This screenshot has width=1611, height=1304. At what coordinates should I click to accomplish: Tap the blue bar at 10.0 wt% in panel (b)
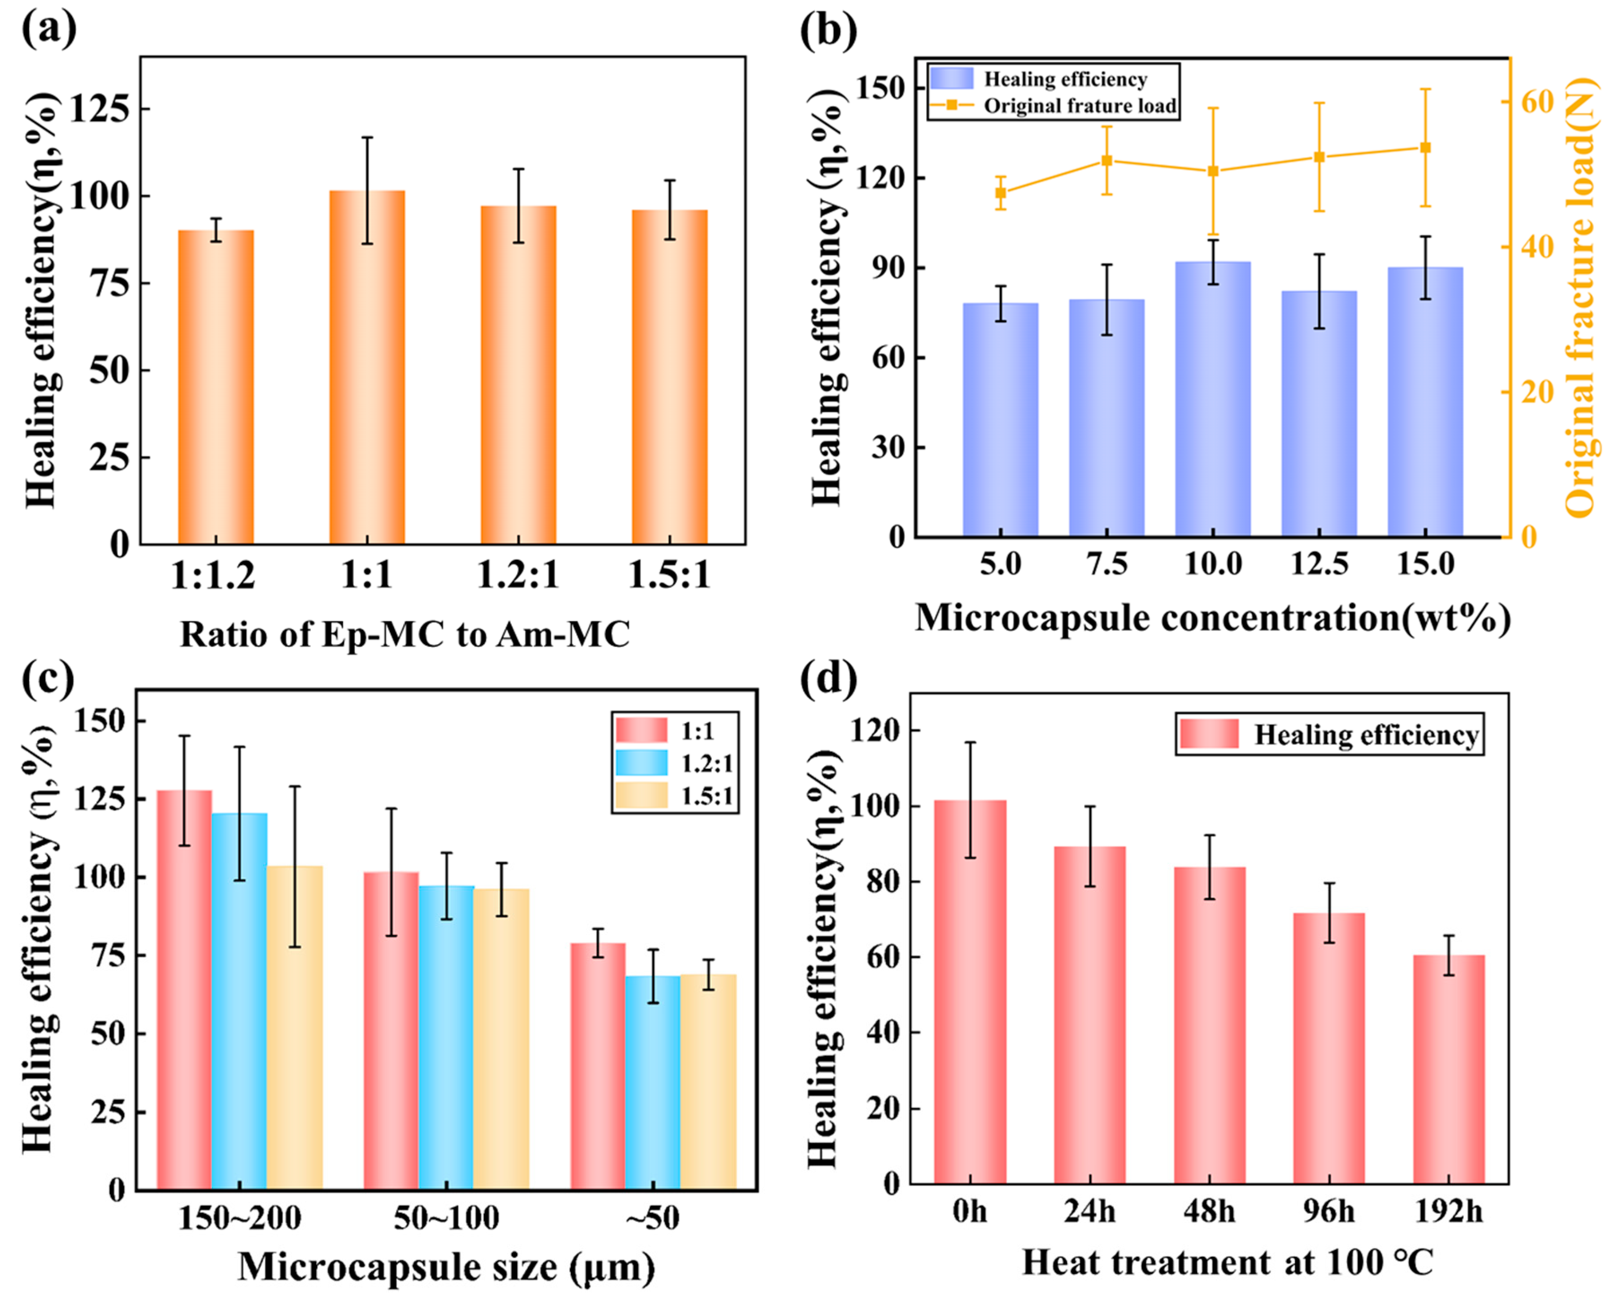[1212, 398]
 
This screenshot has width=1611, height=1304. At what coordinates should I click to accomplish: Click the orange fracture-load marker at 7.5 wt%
[1106, 160]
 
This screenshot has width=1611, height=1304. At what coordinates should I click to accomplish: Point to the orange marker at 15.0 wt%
[1425, 147]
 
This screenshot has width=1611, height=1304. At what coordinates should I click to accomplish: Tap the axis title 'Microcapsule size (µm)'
[446, 1267]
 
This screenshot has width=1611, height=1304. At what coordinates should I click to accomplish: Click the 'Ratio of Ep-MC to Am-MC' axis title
[404, 635]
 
